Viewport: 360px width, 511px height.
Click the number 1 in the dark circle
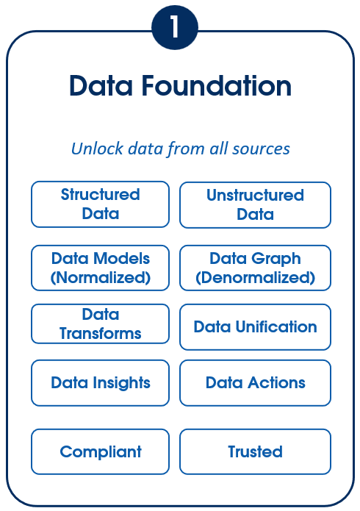175,27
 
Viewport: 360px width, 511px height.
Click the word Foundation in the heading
216,86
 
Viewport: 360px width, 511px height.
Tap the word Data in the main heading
101,86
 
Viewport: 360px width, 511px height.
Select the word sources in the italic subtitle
261,149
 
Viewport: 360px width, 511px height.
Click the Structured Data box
101,204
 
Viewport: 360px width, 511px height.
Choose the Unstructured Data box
255,205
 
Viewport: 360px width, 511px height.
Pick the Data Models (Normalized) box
101,268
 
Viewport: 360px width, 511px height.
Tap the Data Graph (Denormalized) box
255,268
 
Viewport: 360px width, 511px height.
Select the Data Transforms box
101,324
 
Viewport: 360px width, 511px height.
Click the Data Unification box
255,327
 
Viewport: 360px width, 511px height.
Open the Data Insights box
101,383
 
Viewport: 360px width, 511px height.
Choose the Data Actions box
255,383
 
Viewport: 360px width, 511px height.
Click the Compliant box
101,451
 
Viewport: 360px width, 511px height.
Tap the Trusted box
255,451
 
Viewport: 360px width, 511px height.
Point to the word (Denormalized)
255,278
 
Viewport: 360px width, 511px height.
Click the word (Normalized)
101,278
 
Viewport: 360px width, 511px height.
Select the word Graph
276,260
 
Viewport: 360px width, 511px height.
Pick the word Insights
121,383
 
